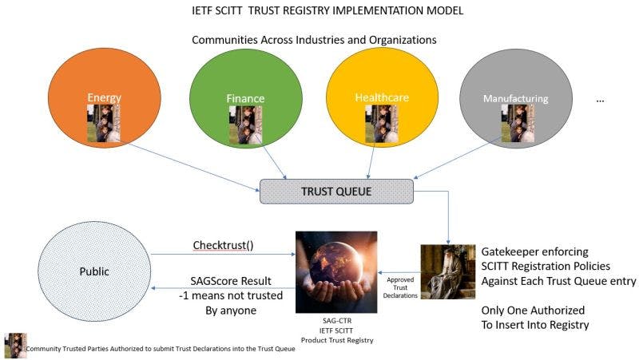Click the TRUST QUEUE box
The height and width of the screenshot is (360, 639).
(336, 190)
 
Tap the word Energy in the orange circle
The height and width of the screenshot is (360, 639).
(105, 97)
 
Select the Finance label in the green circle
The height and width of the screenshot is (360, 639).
(244, 99)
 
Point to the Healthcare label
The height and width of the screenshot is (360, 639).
(382, 97)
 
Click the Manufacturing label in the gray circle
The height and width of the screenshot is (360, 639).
(516, 99)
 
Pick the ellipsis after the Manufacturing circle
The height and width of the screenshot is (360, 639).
(601, 101)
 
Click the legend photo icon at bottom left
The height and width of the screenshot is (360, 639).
(15, 346)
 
